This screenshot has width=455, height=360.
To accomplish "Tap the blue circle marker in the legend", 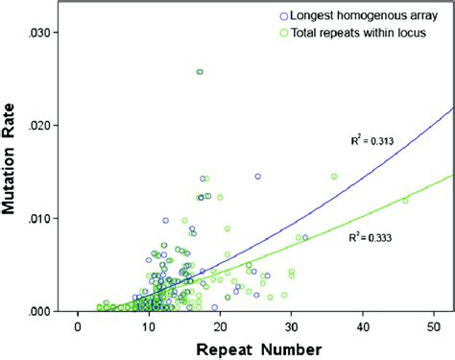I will pyautogui.click(x=283, y=15).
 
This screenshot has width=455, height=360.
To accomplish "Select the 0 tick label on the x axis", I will pyautogui.click(x=77, y=325).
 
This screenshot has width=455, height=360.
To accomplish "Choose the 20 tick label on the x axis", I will pyautogui.click(x=220, y=325).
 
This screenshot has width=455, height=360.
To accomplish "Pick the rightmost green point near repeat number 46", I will pyautogui.click(x=405, y=200).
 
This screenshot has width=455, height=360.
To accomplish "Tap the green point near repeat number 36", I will pyautogui.click(x=334, y=177).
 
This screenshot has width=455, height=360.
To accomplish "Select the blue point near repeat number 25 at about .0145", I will pyautogui.click(x=257, y=177).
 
